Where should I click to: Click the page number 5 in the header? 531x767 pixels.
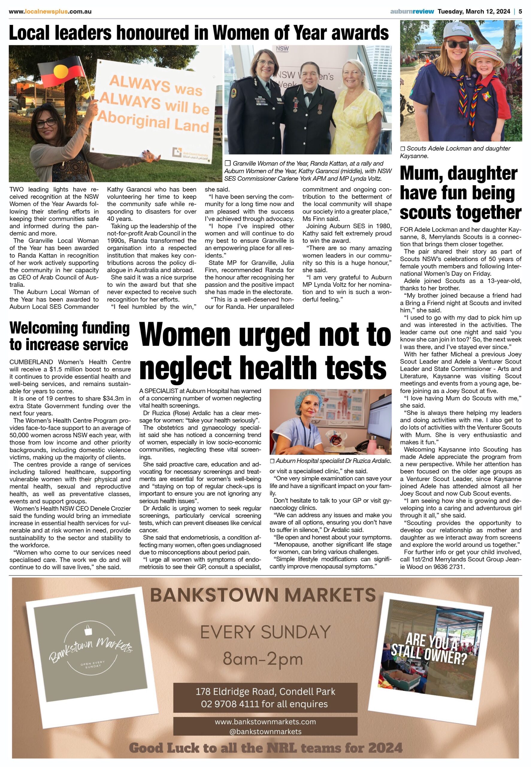pos(520,11)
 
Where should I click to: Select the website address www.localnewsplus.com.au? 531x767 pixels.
pos(50,11)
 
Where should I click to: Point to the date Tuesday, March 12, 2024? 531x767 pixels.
pos(473,11)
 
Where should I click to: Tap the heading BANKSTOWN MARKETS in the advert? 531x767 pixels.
pos(263,596)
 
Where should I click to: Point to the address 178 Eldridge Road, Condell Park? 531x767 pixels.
pos(265,691)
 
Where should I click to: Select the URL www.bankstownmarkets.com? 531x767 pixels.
pos(265,722)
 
